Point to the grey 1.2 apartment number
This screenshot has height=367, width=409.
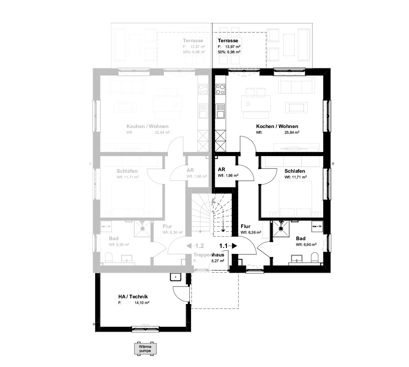[x=199, y=246]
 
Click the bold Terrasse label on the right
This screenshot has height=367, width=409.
[x=228, y=41]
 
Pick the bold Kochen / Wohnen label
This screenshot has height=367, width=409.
[x=277, y=126]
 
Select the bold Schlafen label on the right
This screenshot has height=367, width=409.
[x=295, y=171]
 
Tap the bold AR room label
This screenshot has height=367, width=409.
[x=222, y=169]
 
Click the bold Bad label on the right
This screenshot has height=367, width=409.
[x=300, y=239]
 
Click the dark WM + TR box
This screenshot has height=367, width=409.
[x=317, y=226]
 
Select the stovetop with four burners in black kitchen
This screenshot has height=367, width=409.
[x=220, y=89]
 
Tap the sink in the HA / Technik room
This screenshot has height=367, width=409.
[x=175, y=277]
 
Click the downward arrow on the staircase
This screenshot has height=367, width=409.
[x=223, y=230]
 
